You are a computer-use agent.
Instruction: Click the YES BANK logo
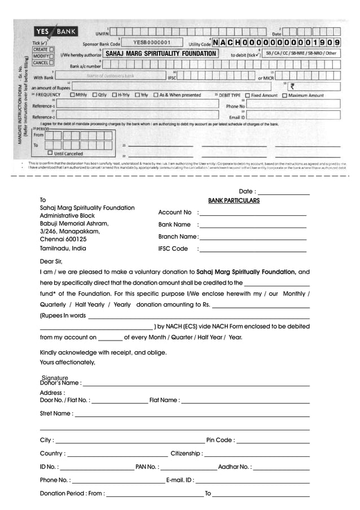click(56, 32)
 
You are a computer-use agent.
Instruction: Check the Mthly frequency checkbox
click(72, 95)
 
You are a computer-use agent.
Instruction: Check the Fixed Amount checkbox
click(248, 95)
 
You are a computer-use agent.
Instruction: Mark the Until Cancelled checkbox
click(50, 153)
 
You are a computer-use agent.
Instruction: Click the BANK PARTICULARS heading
click(234, 200)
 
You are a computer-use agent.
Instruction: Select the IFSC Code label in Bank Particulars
click(173, 249)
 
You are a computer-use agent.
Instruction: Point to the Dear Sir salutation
click(51, 261)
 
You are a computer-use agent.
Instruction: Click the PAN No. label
click(147, 467)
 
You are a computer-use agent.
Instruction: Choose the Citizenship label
click(186, 454)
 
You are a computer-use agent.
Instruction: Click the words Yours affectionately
click(68, 362)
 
